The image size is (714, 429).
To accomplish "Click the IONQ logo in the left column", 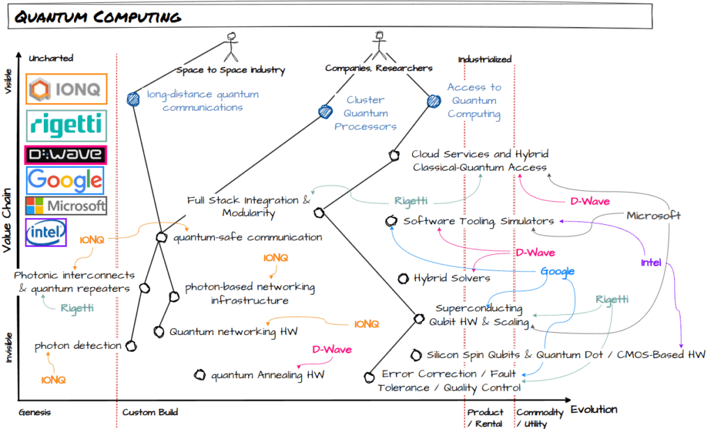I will pos(66,88).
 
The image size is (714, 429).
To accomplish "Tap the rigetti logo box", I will pos(66,125).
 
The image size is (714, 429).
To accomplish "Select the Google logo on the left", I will pos(65,180).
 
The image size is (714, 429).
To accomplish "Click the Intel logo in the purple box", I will pos(45,233).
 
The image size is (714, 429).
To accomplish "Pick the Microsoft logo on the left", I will pos(66,205).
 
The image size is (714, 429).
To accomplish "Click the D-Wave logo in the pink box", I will pos(65,154).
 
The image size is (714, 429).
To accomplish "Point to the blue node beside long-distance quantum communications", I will pos(134,99).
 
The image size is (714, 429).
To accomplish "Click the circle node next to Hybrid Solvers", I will pos(402,279).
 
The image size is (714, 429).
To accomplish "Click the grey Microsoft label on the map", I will pos(653,215).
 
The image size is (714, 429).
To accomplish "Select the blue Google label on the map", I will pos(557,272).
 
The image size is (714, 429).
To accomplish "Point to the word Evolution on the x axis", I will pos(593,409).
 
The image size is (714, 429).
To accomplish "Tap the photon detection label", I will pos(78,345).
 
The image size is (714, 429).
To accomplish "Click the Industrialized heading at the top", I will pos(485,59).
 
